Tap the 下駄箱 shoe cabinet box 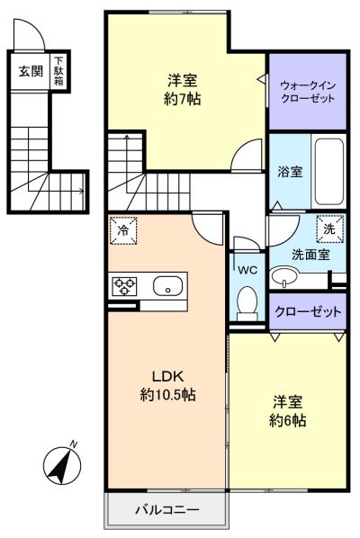pos(58,69)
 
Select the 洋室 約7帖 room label pos(182,88)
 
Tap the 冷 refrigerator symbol pos(123,230)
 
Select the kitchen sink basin pos(166,286)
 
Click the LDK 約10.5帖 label pos(167,384)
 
